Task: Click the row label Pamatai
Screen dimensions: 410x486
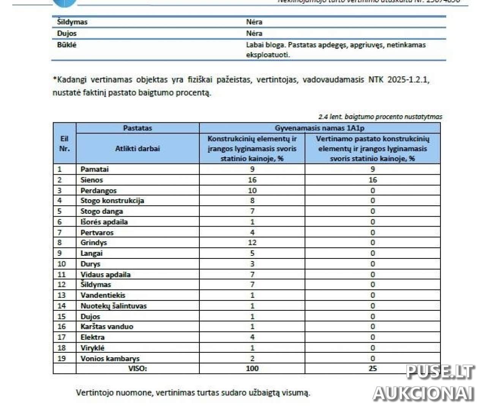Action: point(95,169)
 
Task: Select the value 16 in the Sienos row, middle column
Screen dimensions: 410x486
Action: point(252,180)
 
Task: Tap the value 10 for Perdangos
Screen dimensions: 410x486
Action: point(252,191)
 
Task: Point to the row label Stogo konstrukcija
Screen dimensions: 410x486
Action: point(112,201)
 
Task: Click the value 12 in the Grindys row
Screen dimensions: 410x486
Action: point(252,243)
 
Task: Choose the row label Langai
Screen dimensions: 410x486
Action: point(92,253)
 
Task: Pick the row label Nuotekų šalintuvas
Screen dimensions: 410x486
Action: point(113,306)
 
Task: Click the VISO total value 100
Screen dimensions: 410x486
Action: point(252,368)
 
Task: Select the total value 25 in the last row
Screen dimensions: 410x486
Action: point(372,368)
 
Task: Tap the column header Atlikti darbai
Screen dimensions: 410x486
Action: point(137,149)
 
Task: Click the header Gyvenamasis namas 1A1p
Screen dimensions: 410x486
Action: point(319,128)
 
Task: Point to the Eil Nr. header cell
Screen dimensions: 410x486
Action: point(65,143)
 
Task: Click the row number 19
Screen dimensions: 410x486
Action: point(62,358)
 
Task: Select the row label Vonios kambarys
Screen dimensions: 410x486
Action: point(110,358)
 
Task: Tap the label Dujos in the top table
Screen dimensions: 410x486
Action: point(67,33)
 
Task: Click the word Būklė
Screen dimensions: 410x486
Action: point(67,45)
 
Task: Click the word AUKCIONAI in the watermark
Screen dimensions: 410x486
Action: point(424,393)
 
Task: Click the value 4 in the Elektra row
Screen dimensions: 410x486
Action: point(252,337)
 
